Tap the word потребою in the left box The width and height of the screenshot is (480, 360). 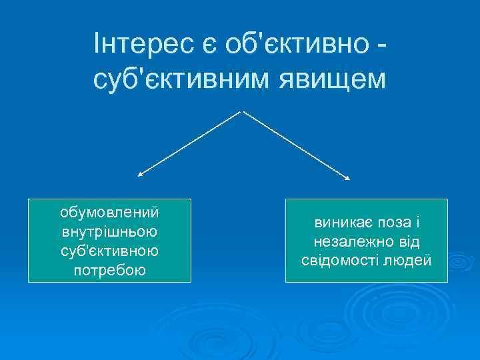[109, 271]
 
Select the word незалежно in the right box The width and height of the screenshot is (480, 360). [344, 241]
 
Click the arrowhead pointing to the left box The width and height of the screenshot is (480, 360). [139, 175]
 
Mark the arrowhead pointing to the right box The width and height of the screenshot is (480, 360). [347, 178]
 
